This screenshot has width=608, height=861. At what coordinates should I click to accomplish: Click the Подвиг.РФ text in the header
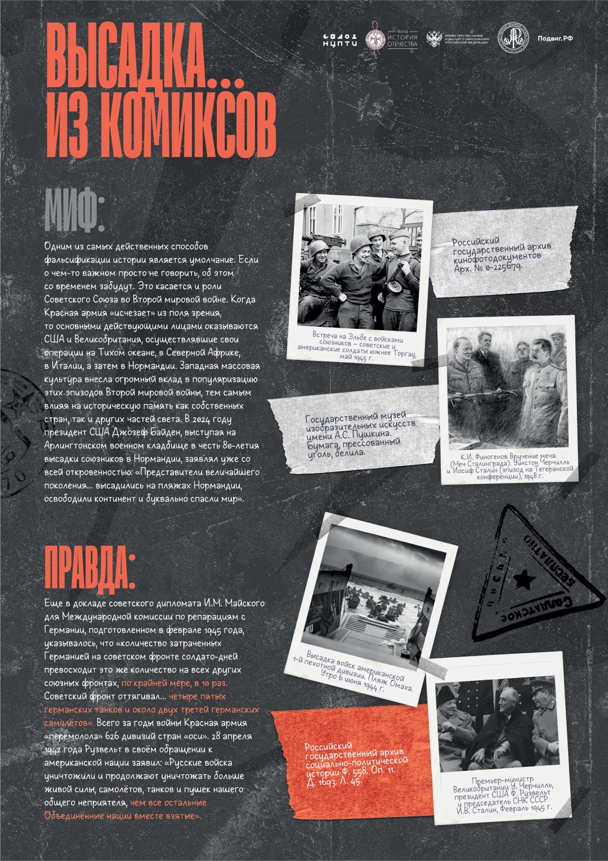(x=555, y=38)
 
